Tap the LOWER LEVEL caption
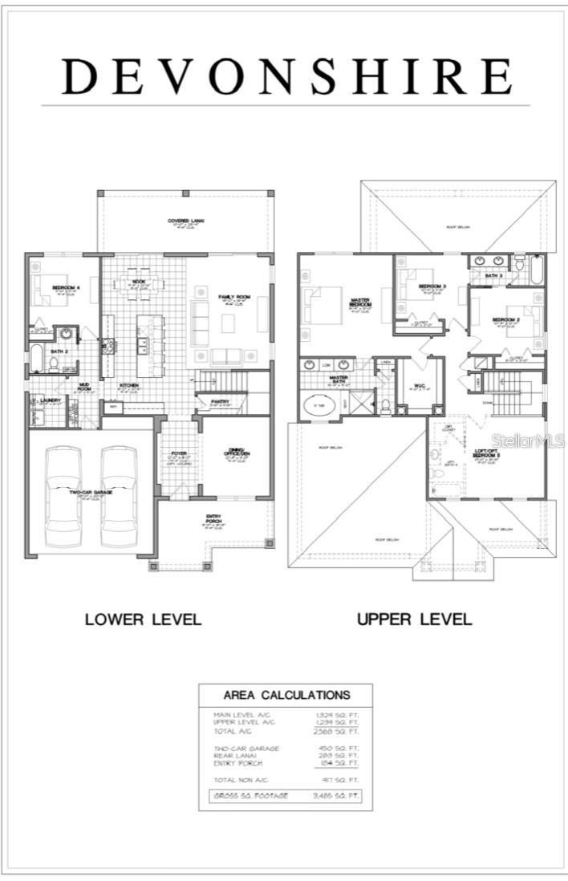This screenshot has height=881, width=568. pos(144,619)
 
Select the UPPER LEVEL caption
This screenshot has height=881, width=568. pos(414,619)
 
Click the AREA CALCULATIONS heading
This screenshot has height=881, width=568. pos(286,695)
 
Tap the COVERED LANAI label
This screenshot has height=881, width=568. pos(184,221)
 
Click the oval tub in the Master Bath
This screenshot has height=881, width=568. pos(319,405)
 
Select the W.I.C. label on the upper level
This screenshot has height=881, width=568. pos(419,385)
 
